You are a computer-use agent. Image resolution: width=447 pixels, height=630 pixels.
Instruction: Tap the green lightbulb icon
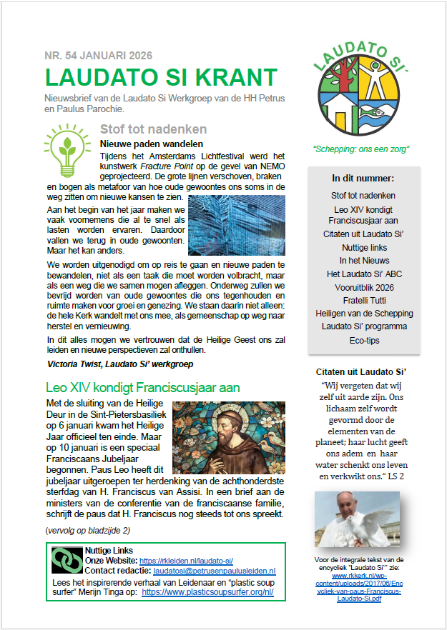pyautogui.click(x=67, y=150)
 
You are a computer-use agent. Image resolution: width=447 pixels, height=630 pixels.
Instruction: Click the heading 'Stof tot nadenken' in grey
pyautogui.click(x=153, y=129)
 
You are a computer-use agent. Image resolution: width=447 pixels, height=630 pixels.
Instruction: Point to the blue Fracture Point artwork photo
pyautogui.click(x=236, y=224)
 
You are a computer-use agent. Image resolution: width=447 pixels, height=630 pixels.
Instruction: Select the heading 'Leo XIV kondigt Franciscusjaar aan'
pyautogui.click(x=142, y=388)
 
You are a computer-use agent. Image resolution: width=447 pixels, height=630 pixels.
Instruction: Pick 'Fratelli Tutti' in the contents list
pyautogui.click(x=363, y=300)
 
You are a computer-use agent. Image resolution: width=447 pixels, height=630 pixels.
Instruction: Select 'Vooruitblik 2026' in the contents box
pyautogui.click(x=363, y=287)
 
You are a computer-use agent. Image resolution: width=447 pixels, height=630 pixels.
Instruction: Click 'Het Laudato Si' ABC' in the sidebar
pyautogui.click(x=363, y=274)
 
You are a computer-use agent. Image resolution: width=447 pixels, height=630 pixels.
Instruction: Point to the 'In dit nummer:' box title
pyautogui.click(x=363, y=178)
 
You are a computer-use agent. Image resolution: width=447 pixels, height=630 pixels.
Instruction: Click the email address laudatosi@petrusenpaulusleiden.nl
pyautogui.click(x=215, y=571)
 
